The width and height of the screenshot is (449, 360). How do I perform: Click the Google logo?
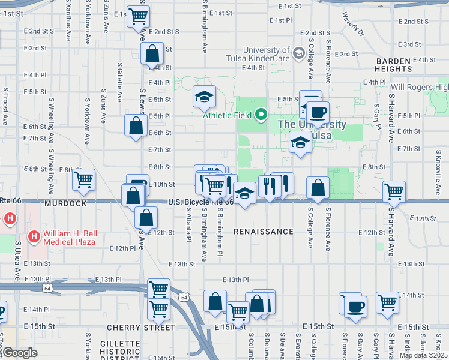pos(19,353)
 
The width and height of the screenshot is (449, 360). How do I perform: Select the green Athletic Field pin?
pos(261,114)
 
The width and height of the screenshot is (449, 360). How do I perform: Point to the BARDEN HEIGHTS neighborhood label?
pos(402,65)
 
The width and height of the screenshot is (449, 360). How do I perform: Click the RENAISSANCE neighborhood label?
pos(264,232)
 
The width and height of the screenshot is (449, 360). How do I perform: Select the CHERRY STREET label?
pos(141,328)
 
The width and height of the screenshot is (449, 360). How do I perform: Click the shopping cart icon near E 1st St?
pos(139,17)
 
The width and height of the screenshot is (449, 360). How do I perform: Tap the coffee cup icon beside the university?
pos(318,112)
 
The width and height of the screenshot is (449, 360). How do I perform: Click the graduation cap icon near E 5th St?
pos(204,95)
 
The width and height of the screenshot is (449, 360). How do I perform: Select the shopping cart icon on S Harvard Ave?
pos(394,191)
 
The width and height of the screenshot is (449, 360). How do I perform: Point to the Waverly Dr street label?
pos(353,23)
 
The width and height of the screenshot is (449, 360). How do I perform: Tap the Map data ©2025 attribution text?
pos(423,355)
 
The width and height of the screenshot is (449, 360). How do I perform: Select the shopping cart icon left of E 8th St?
pos(83,179)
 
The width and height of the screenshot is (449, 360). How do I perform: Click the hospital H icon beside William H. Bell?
pos(34,238)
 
